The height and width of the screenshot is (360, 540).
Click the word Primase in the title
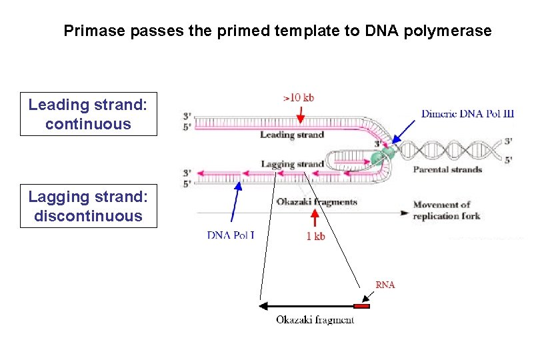click(90, 31)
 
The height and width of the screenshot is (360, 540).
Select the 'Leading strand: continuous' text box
click(88, 114)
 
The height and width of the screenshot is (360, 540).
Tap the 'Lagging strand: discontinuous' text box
click(88, 206)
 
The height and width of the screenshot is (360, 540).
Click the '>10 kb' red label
click(299, 97)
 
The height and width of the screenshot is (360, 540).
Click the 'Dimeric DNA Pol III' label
click(467, 114)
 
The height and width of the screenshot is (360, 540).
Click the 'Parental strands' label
click(447, 169)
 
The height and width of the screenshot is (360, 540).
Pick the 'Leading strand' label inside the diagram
click(291, 135)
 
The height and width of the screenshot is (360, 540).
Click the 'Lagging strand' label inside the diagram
click(292, 164)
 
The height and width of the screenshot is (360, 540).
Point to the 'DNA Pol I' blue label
click(231, 235)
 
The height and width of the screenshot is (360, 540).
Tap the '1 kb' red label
click(315, 236)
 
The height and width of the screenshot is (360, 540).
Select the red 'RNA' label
click(385, 285)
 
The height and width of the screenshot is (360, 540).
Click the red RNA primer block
click(361, 307)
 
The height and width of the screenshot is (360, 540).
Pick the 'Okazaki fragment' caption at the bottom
click(315, 320)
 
